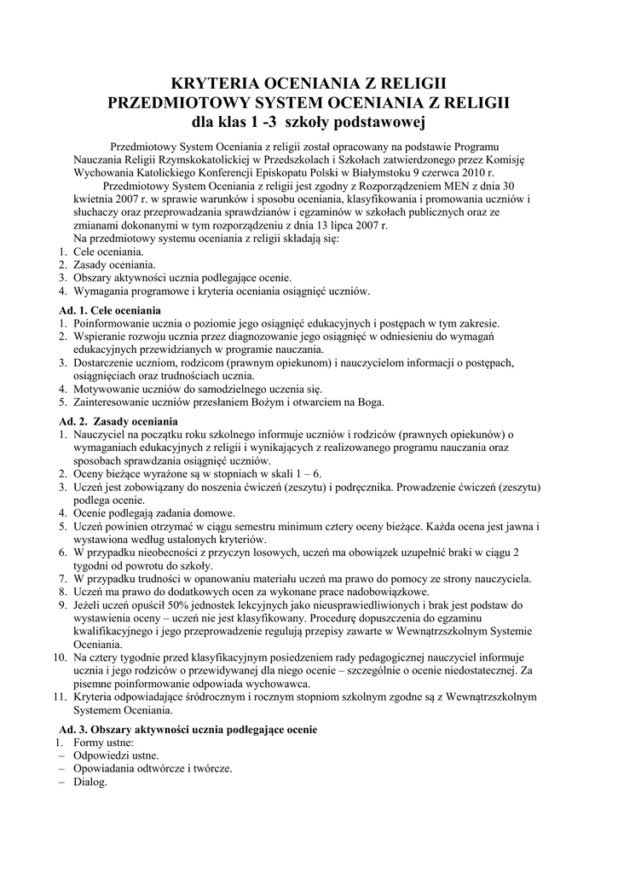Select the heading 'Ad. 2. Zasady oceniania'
118,421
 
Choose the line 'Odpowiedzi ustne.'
116,755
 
